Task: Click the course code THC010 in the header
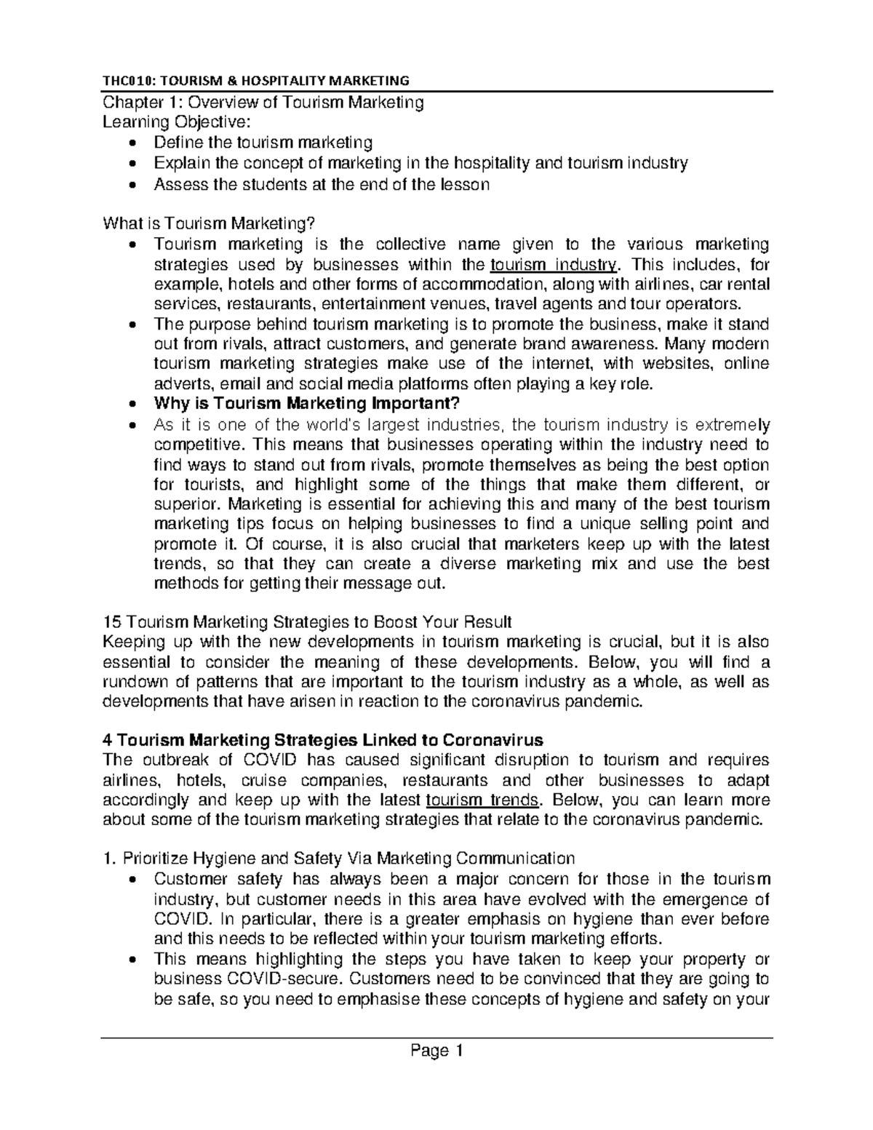pos(125,80)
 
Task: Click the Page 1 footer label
pos(436,1051)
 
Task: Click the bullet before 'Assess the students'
pos(132,186)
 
